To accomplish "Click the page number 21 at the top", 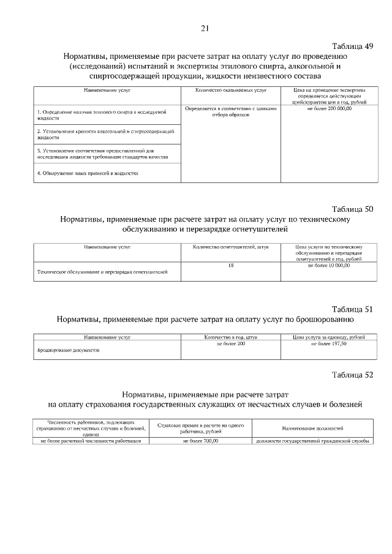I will [205, 28].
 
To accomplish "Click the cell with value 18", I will [231, 266].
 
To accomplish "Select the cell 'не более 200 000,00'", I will [329, 108].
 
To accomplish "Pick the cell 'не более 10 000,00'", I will [329, 266].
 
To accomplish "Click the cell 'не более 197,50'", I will [329, 345].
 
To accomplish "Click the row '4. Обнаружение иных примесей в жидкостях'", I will [88, 173].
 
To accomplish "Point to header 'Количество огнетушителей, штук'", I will [231, 247].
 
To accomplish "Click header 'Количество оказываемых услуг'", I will [231, 90].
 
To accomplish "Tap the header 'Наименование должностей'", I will [312, 429].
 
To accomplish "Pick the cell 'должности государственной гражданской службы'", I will [312, 441].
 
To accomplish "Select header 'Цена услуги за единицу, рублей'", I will [329, 337].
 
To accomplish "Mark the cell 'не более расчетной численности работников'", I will [91, 441].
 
